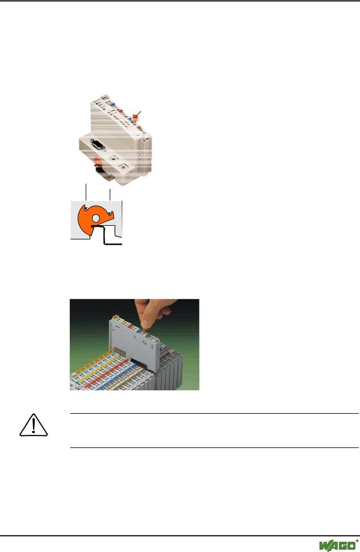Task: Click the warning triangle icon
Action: [x=34, y=425]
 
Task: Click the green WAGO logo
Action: [x=337, y=545]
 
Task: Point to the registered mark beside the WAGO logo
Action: [x=357, y=541]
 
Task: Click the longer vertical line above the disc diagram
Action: [x=86, y=192]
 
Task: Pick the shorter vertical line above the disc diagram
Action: [x=110, y=195]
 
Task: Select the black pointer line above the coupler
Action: [x=139, y=114]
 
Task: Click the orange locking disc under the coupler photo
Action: [x=98, y=163]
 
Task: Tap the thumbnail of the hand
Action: [x=144, y=323]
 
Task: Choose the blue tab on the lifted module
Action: [x=138, y=331]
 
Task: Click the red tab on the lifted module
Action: [x=130, y=326]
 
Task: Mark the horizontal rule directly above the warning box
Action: [x=214, y=413]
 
